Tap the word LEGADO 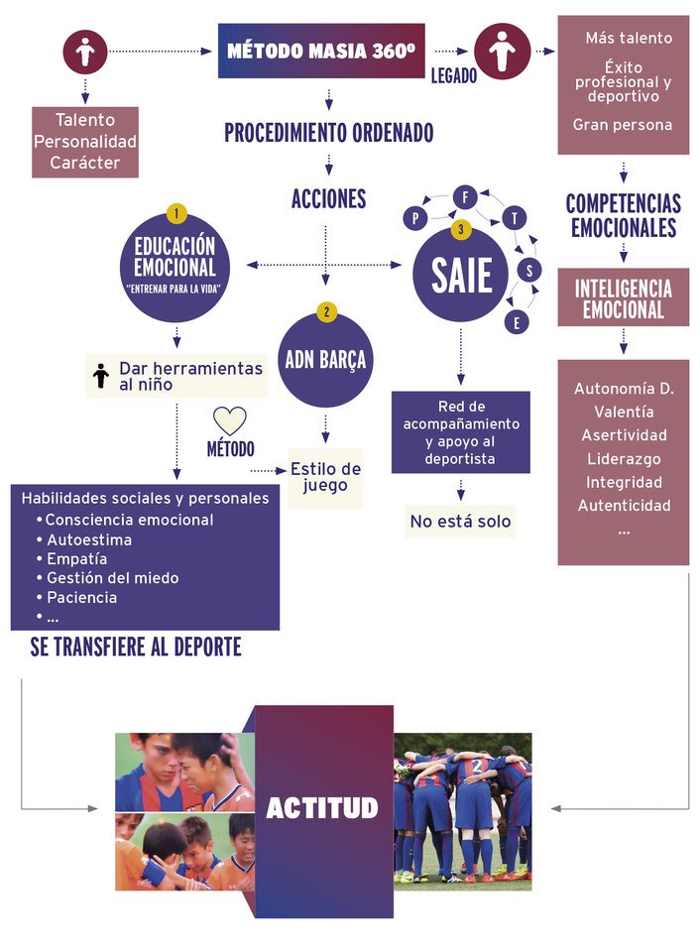[x=453, y=75]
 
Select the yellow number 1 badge [x=175, y=213]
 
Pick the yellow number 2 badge [x=326, y=311]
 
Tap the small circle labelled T [x=516, y=218]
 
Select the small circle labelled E [x=517, y=321]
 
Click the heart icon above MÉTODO [x=230, y=420]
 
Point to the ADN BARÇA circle [x=326, y=360]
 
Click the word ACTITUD [x=322, y=808]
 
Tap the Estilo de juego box [x=325, y=477]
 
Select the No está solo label [x=460, y=522]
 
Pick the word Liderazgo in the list [x=624, y=459]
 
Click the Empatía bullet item [x=77, y=559]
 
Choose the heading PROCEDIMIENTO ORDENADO [x=328, y=133]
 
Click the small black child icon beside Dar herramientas [x=99, y=376]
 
